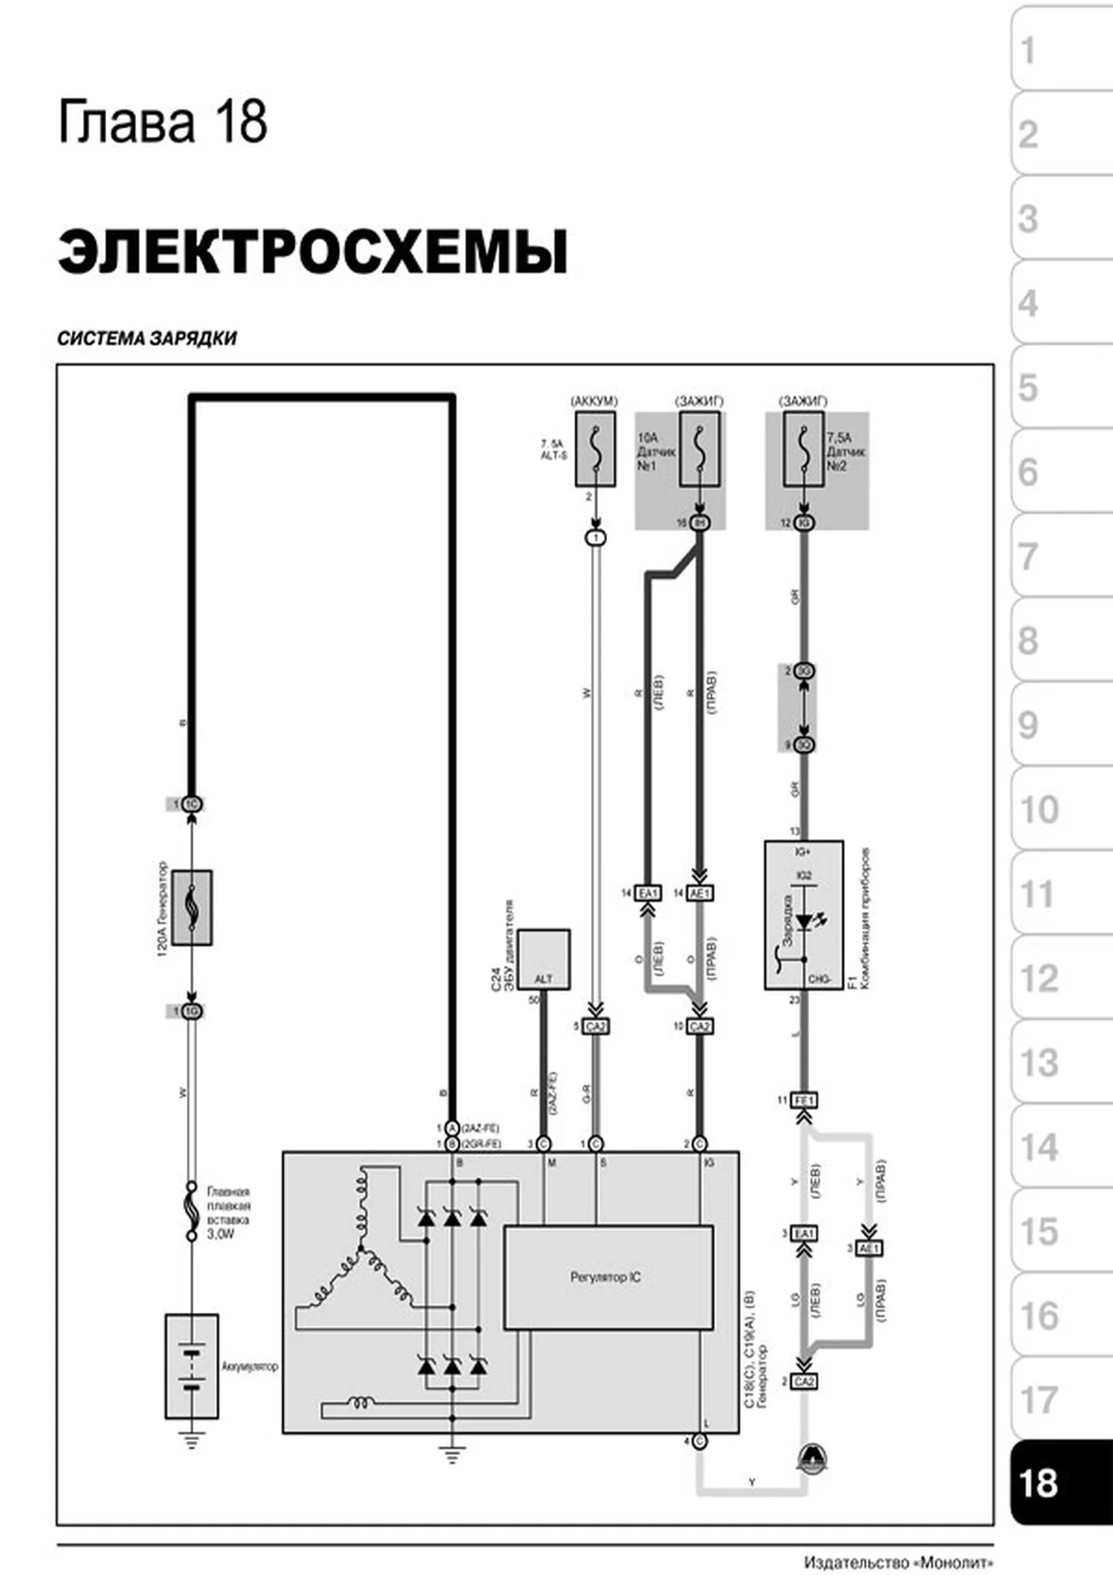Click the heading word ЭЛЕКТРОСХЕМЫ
[312, 252]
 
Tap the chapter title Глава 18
[163, 122]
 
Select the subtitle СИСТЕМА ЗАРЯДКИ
[146, 338]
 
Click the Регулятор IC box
[607, 1277]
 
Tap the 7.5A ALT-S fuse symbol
[594, 449]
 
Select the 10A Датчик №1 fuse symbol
[699, 449]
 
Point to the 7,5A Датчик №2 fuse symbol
[803, 449]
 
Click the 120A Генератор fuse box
[192, 908]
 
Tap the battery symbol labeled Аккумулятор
[192, 1366]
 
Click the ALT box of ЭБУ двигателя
[543, 959]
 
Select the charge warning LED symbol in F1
[805, 922]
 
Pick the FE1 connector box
[803, 1100]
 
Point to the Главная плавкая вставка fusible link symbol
[193, 1211]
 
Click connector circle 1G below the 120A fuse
[192, 1011]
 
